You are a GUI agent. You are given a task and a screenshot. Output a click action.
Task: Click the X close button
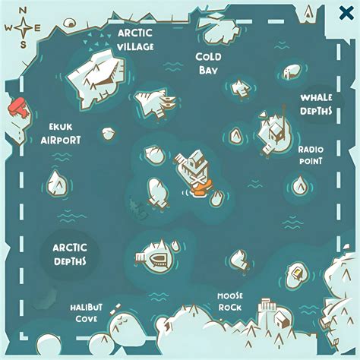point(346,13)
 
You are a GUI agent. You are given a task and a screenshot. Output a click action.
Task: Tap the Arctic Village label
point(135,39)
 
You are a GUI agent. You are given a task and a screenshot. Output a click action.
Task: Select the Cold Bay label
point(208,63)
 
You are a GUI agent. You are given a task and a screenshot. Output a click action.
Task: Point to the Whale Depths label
point(316,104)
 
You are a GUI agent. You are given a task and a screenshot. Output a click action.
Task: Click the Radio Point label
point(311,155)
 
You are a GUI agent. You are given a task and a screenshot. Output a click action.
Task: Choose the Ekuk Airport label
point(61,134)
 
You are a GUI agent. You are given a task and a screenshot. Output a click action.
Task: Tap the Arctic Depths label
point(70,254)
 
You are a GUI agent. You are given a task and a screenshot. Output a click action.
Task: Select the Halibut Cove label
point(87,313)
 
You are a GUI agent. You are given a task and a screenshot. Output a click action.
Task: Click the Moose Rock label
point(230,302)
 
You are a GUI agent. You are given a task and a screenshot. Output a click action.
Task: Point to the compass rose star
point(23,27)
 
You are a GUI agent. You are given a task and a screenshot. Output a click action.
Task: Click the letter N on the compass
point(23,11)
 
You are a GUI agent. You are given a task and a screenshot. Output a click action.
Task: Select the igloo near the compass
point(69,23)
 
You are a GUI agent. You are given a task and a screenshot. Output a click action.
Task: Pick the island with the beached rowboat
point(157,256)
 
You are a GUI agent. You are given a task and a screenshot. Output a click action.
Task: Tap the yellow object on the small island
point(297,273)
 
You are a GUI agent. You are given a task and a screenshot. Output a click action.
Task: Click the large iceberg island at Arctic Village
point(97,79)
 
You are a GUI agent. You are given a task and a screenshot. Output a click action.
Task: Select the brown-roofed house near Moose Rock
point(283,319)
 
